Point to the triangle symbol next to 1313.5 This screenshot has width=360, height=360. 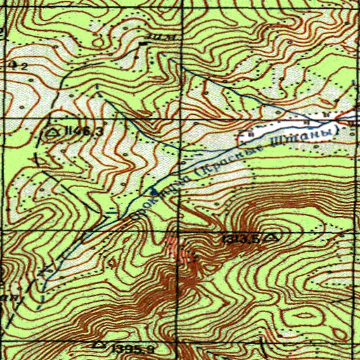pyautogui.click(x=271, y=238)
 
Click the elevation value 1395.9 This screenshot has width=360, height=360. pyautogui.click(x=126, y=348)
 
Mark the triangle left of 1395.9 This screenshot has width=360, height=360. pyautogui.click(x=98, y=346)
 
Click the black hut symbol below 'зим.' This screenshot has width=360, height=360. pyautogui.click(x=144, y=44)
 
